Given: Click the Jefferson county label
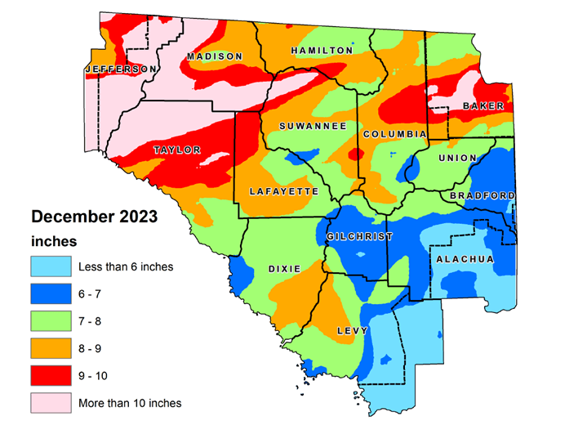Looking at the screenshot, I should (120, 69).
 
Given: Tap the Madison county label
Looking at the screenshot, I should (215, 56).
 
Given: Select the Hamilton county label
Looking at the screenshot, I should (322, 51).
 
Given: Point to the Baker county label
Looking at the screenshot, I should (483, 106).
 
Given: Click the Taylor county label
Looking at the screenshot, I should (177, 150).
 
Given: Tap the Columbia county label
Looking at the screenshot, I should (395, 134).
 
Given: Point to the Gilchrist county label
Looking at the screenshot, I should (359, 237).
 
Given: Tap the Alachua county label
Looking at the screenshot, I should (465, 260).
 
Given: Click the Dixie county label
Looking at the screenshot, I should (284, 269).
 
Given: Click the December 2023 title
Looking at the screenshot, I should (94, 218).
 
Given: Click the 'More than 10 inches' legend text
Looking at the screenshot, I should (130, 403).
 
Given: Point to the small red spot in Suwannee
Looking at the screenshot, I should (353, 154).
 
